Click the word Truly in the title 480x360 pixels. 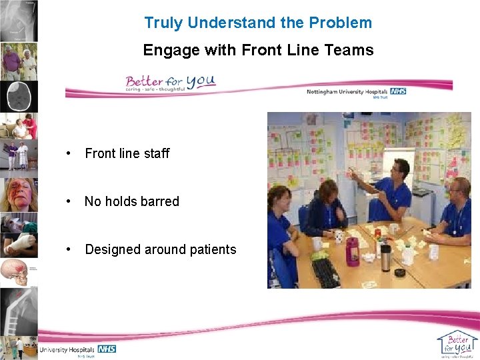164,23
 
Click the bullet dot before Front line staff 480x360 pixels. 68,153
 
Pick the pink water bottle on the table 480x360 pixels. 352,252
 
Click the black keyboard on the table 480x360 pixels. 326,272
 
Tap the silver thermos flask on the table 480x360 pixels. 385,257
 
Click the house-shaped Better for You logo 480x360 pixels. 457,343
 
